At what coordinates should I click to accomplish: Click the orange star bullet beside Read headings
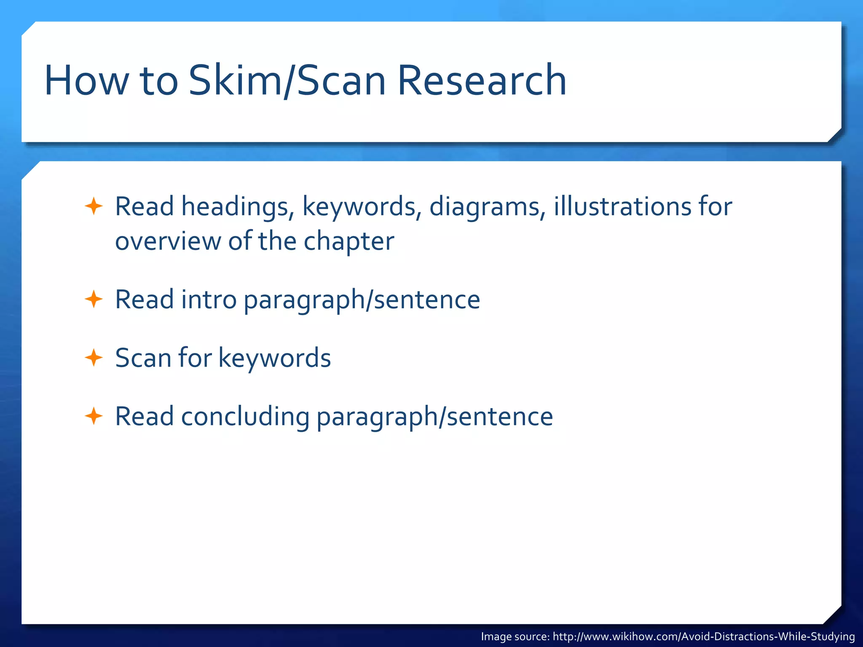94,206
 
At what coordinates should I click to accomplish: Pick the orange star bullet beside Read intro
94,299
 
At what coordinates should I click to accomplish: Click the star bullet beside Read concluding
94,416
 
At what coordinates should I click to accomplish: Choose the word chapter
349,242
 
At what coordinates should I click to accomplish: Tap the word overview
168,242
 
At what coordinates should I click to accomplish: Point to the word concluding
245,417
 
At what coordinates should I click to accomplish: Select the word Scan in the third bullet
142,358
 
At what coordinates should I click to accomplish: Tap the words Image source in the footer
515,636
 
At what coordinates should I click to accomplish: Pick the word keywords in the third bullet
274,358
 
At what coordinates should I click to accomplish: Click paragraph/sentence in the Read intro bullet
362,300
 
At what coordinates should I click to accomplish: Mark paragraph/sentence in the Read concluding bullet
434,417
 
